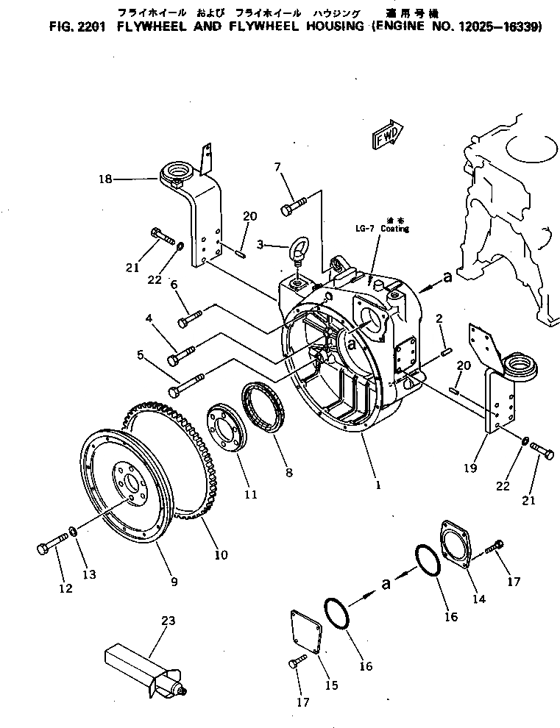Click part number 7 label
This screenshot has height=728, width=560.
(x=279, y=167)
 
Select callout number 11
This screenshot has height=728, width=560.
(x=251, y=494)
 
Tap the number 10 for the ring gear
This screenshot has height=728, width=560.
(x=221, y=554)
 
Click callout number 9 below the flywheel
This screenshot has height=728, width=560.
(x=174, y=582)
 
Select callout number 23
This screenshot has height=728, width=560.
(x=169, y=621)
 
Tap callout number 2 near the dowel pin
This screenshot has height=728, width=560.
(x=439, y=318)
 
